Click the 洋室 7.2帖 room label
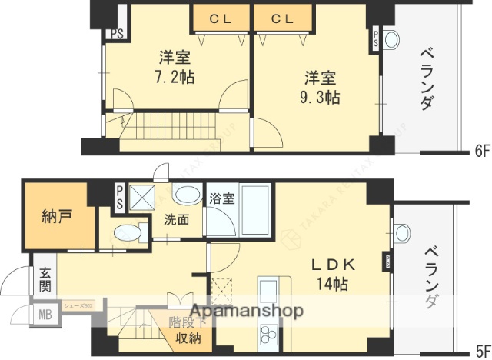pyautogui.click(x=175, y=67)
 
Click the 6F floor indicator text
pyautogui.click(x=482, y=151)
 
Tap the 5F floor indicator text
pyautogui.click(x=482, y=347)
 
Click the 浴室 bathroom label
pyautogui.click(x=223, y=198)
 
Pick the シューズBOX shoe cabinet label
pyautogui.click(x=78, y=305)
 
